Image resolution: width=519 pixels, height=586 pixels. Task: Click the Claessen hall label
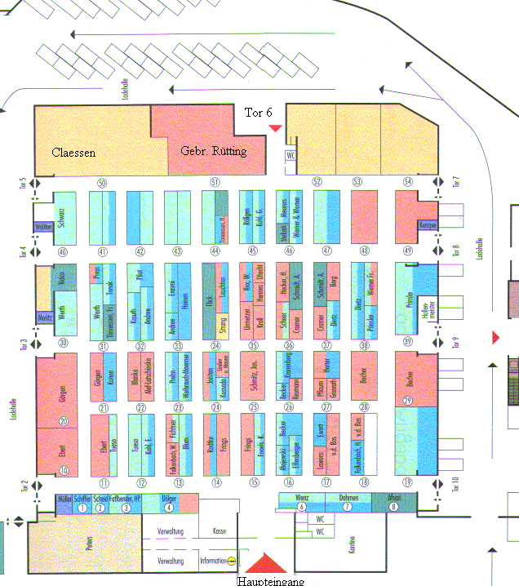click(x=73, y=153)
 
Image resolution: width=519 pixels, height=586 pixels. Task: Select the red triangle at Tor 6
click(x=276, y=127)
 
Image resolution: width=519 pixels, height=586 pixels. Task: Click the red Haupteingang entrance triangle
click(x=264, y=564)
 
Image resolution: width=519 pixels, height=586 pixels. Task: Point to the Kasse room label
click(x=218, y=531)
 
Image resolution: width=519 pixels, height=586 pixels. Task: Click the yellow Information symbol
click(x=232, y=562)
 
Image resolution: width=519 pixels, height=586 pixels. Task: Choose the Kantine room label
click(x=353, y=549)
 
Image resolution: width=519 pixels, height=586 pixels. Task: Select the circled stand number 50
click(x=102, y=183)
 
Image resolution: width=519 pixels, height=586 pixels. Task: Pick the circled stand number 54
click(x=408, y=182)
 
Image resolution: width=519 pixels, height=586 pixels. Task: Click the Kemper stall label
click(x=428, y=224)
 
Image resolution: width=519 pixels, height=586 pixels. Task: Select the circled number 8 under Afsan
click(x=395, y=507)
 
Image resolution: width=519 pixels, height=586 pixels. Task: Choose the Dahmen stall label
click(x=348, y=497)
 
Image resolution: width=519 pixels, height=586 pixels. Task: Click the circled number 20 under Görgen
click(x=64, y=421)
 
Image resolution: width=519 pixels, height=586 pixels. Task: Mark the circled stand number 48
click(x=364, y=251)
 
